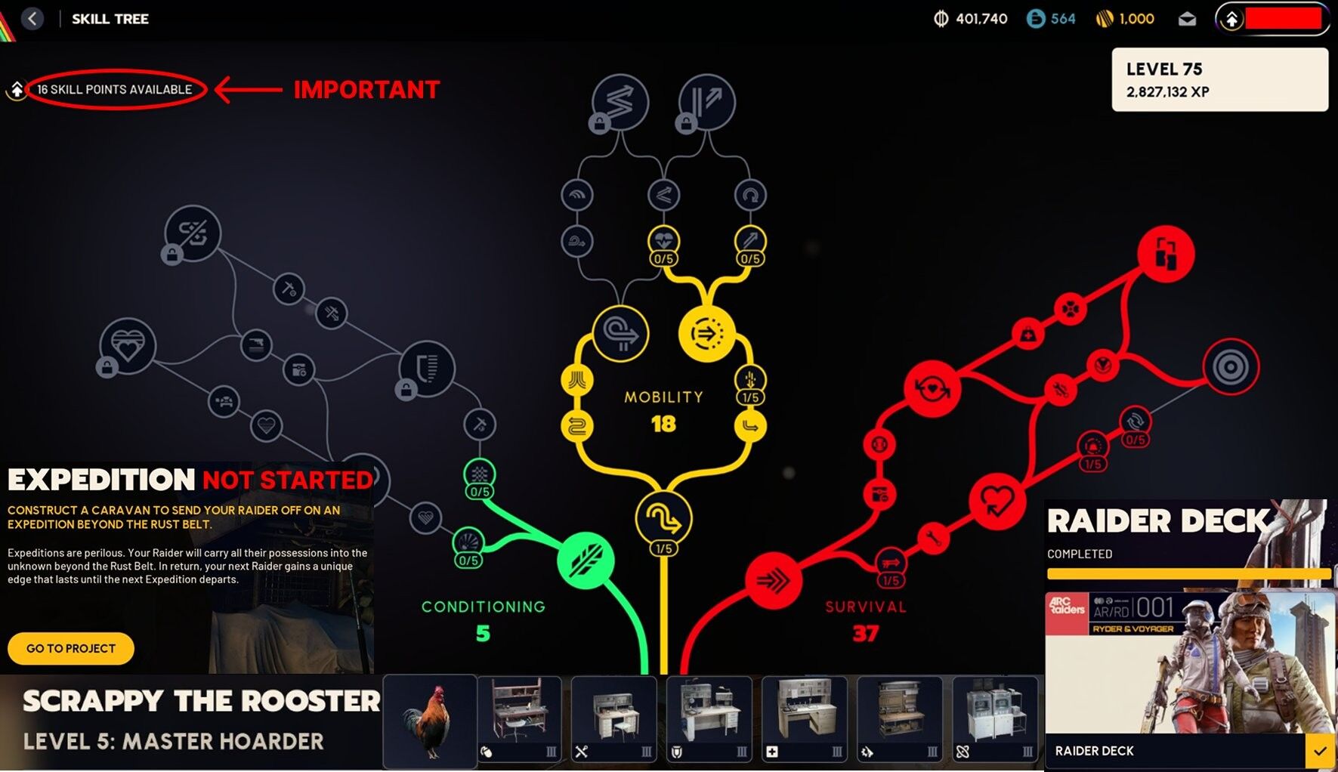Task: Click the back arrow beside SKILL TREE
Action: pyautogui.click(x=32, y=19)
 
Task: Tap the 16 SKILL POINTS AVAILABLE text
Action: pyautogui.click(x=115, y=89)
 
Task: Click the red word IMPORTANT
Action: pyautogui.click(x=366, y=90)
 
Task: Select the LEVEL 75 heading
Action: pyautogui.click(x=1164, y=69)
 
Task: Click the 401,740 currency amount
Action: pyautogui.click(x=981, y=19)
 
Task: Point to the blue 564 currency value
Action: pyautogui.click(x=1063, y=19)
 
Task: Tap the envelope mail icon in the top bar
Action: pyautogui.click(x=1187, y=19)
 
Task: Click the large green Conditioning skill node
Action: pyautogui.click(x=586, y=560)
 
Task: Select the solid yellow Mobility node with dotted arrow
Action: pyautogui.click(x=707, y=333)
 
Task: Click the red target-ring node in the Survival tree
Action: pyautogui.click(x=1231, y=367)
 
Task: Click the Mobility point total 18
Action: pyautogui.click(x=663, y=424)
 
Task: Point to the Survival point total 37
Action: pyautogui.click(x=866, y=633)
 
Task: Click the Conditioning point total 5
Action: pyautogui.click(x=483, y=633)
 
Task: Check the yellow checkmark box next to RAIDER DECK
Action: pyautogui.click(x=1320, y=752)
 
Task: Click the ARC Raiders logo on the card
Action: pyautogui.click(x=1066, y=606)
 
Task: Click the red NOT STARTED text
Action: pyautogui.click(x=288, y=480)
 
